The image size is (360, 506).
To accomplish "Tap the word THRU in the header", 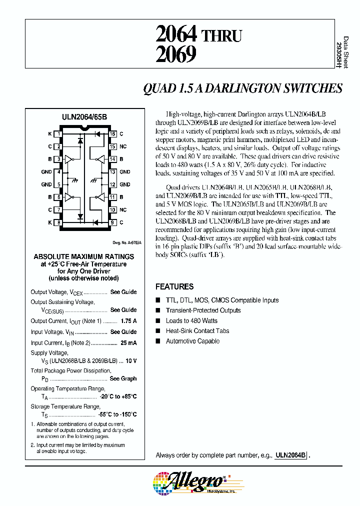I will [221, 36].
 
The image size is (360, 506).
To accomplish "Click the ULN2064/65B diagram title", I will [84, 116].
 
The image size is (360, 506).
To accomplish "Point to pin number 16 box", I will [113, 134].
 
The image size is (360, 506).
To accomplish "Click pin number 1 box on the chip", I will [59, 134].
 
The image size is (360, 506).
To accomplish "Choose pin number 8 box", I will [59, 222].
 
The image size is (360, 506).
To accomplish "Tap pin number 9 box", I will [113, 222].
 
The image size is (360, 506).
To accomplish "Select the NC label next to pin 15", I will [123, 146].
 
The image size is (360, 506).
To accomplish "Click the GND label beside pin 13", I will [125, 171].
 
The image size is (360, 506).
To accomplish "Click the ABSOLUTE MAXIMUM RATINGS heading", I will [83, 256].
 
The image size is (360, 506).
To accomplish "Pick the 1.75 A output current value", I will [128, 321].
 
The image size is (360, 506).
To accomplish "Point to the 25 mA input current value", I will [128, 343].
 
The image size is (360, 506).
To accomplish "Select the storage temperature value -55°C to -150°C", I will [118, 414].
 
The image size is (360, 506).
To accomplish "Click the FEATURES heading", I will [174, 286].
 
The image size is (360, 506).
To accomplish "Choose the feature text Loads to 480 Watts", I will [191, 320].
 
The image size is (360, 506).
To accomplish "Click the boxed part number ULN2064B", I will [290, 455].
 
